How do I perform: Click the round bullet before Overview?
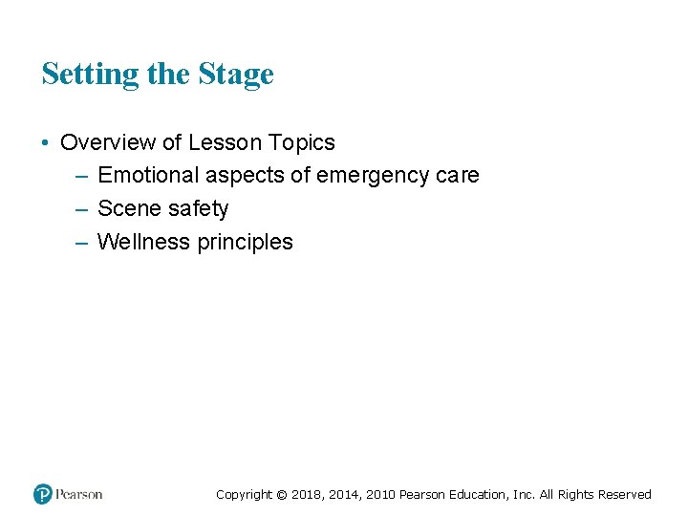point(46,143)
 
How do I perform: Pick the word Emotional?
point(145,176)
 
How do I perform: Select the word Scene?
point(128,209)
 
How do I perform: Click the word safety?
point(197,209)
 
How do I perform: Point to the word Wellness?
point(144,243)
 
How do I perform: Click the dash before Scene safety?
point(79,209)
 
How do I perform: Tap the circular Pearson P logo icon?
point(42,494)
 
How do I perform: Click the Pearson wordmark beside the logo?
point(79,494)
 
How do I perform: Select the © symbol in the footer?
point(281,495)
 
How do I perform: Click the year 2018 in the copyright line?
point(307,495)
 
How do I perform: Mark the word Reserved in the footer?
point(624,495)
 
